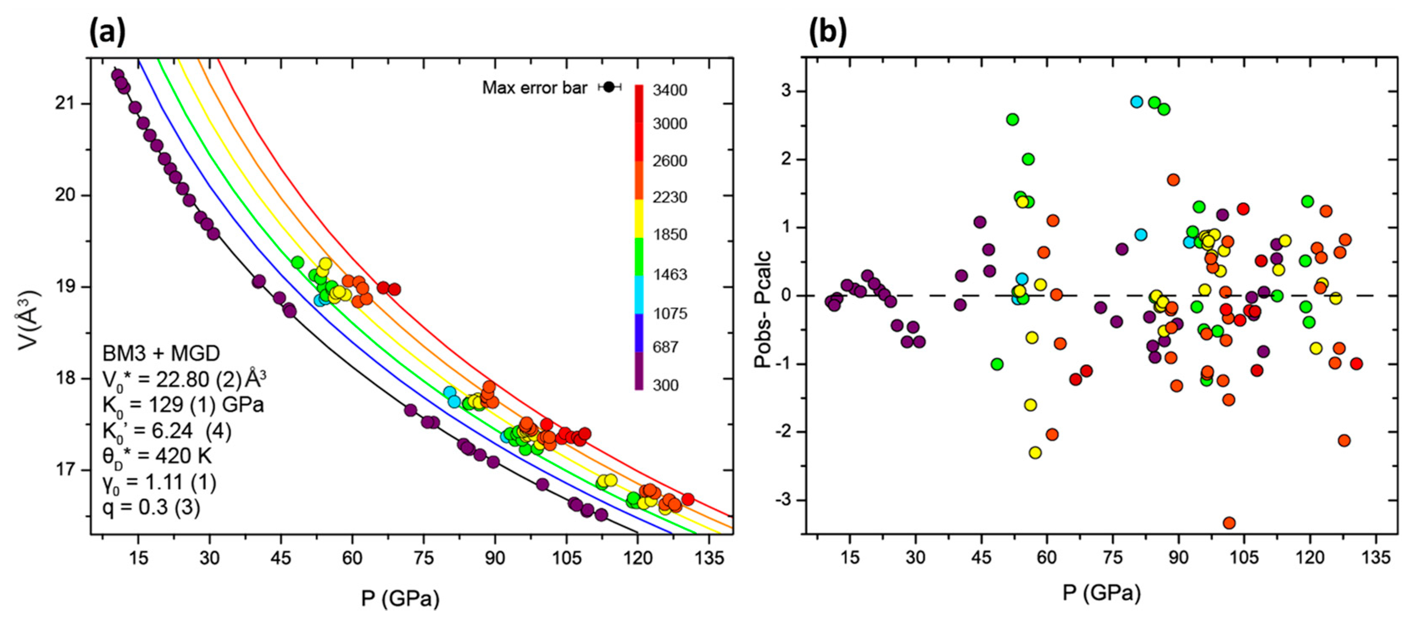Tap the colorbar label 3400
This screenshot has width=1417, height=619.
[x=669, y=90]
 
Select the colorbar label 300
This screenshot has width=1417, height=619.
[x=665, y=385]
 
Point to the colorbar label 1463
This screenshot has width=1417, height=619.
[x=669, y=274]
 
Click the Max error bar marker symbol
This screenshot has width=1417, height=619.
[x=608, y=87]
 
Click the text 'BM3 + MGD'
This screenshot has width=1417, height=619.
[x=161, y=353]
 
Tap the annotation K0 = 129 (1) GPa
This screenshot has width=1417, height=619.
[x=183, y=405]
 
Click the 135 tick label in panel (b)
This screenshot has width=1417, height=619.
[x=1375, y=558]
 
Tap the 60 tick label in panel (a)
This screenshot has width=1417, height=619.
[x=352, y=558]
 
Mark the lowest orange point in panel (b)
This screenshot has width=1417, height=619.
[x=1229, y=523]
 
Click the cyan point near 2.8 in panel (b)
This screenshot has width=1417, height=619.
[x=1136, y=102]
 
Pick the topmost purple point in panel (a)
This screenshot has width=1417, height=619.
[x=117, y=75]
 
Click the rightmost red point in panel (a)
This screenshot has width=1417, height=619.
[x=688, y=499]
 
